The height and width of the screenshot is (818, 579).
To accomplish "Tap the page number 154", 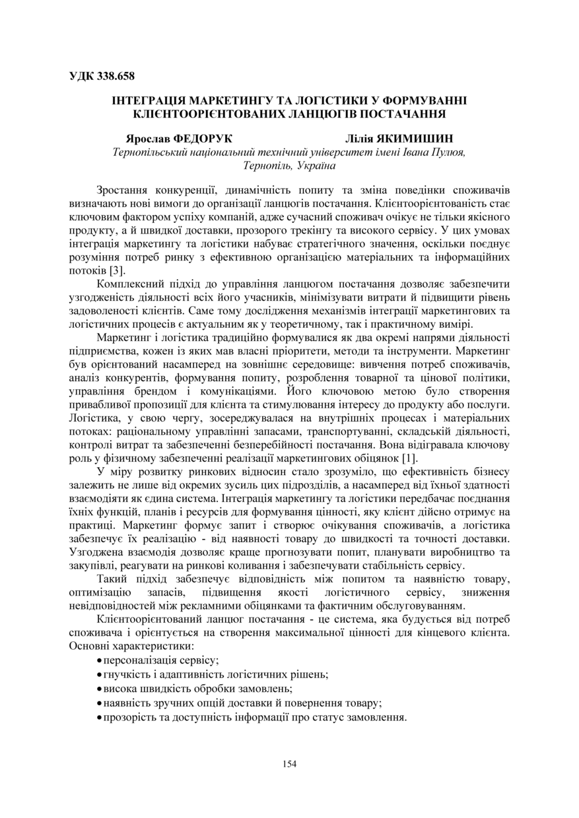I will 289,764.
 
